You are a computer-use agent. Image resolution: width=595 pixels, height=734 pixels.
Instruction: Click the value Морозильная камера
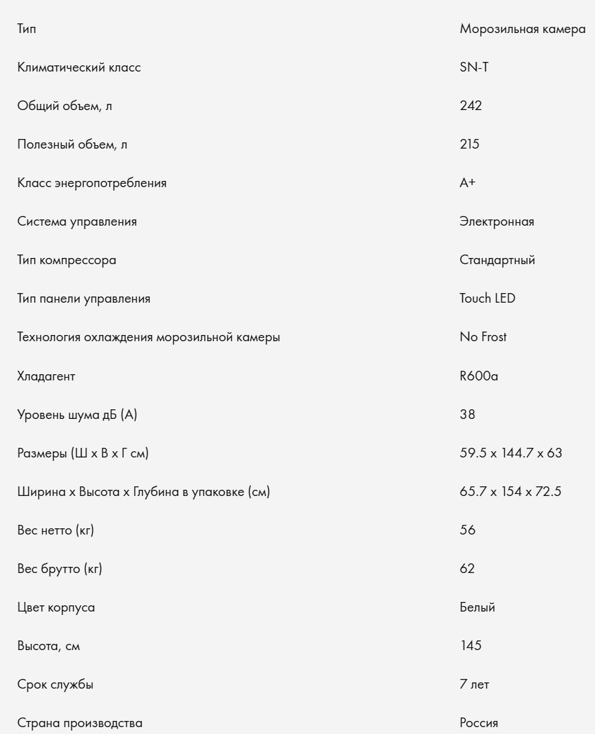(x=523, y=29)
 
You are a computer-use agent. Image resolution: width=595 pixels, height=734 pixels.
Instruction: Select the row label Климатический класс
(x=79, y=67)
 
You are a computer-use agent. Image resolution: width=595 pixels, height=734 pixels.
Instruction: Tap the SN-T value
(x=474, y=67)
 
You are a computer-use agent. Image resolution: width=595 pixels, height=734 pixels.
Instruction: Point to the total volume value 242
(x=470, y=106)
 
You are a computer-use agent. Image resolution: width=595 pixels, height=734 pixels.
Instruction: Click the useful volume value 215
(x=470, y=144)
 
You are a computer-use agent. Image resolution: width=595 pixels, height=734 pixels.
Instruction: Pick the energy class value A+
(x=468, y=183)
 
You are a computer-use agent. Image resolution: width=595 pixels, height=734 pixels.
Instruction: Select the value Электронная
(x=497, y=222)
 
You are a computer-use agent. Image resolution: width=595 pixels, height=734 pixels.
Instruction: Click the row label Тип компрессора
(x=67, y=260)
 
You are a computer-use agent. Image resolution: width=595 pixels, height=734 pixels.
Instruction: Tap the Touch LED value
(x=487, y=299)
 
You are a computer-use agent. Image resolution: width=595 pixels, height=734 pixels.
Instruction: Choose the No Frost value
(x=483, y=337)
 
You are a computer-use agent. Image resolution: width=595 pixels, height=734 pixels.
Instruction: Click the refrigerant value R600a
(x=479, y=376)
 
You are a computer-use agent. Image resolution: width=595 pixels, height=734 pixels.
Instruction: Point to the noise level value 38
(x=467, y=415)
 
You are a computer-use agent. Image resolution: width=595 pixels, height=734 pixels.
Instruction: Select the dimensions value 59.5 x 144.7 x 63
(x=511, y=453)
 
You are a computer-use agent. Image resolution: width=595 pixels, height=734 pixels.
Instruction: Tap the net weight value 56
(x=467, y=530)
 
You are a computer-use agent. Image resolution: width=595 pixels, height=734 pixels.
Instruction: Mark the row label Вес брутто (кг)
(x=60, y=569)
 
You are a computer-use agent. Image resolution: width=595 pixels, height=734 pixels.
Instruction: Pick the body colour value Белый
(x=477, y=607)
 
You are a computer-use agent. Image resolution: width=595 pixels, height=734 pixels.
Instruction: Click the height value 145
(x=470, y=646)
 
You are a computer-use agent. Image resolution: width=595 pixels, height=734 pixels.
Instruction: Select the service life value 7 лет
(x=475, y=684)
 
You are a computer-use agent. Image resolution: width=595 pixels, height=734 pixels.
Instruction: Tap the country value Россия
(x=479, y=723)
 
